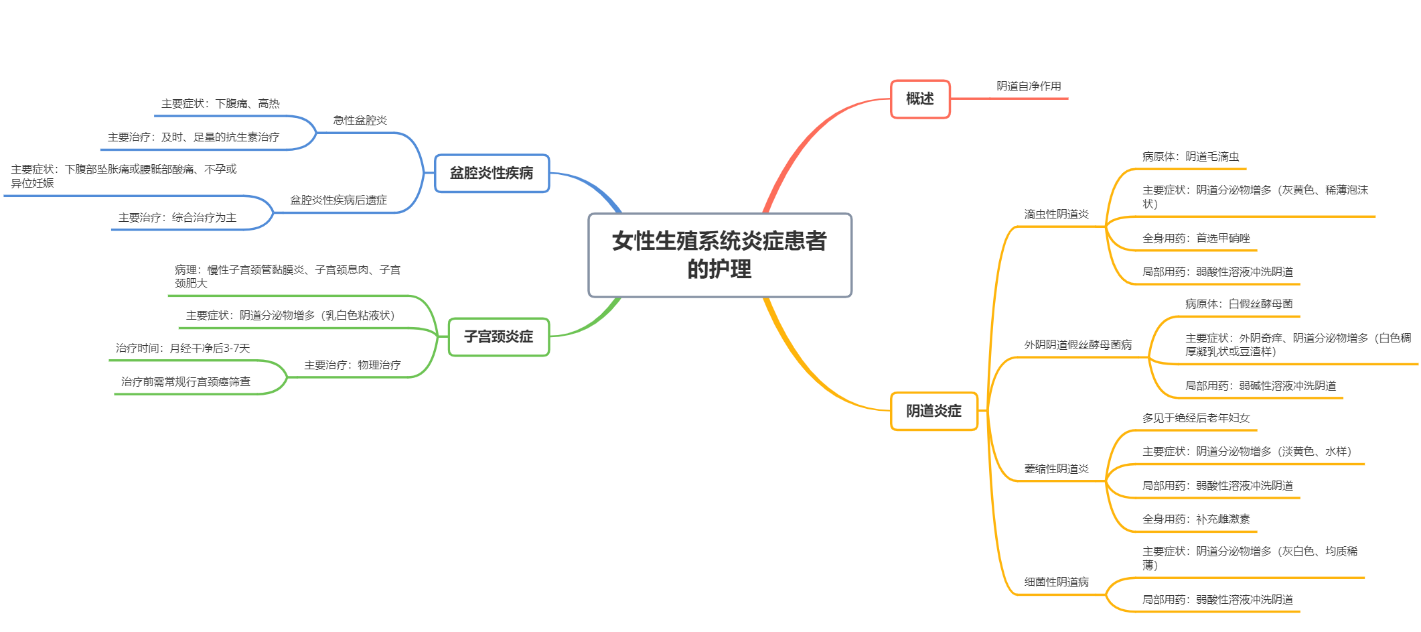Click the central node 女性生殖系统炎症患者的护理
tap(719, 255)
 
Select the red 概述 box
tap(919, 99)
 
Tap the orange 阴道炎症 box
tap(933, 411)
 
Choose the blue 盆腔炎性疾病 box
tap(492, 173)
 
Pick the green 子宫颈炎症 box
tap(498, 336)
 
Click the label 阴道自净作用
tap(1029, 86)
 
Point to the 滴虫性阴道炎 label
tap(1056, 214)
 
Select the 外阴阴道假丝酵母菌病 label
tap(1077, 345)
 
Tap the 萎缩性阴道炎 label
tap(1056, 469)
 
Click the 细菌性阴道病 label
tap(1056, 582)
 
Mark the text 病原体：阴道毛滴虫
tap(1190, 157)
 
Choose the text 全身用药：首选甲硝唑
tap(1195, 239)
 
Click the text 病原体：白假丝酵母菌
tap(1238, 304)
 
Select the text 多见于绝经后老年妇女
tap(1195, 418)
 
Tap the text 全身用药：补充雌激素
tap(1195, 519)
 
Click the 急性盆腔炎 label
tap(360, 121)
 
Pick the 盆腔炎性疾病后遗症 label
tap(338, 200)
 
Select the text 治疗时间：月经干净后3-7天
tap(183, 349)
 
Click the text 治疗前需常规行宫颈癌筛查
tap(185, 382)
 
